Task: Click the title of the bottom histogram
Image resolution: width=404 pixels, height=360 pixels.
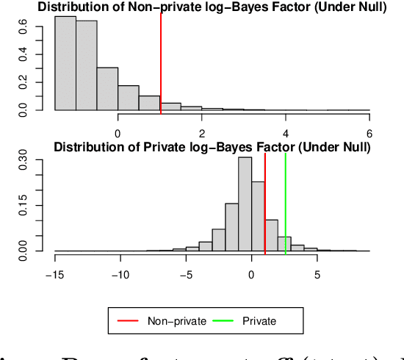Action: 212,148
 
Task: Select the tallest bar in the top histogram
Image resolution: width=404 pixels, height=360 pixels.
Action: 65,63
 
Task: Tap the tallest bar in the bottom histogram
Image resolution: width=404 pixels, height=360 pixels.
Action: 245,204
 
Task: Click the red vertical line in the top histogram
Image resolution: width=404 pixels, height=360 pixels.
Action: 160,62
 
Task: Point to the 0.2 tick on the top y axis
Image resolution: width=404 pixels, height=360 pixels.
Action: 23,82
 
